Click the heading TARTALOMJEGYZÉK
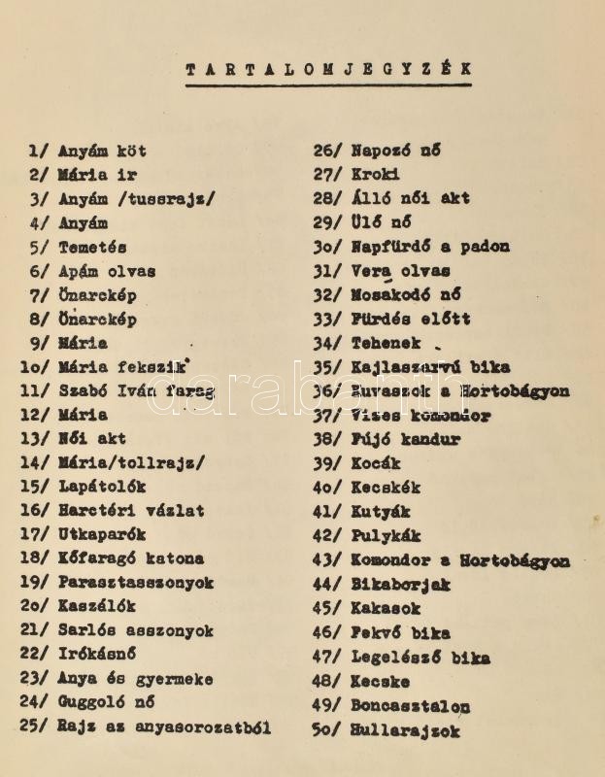pyautogui.click(x=328, y=70)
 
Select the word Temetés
pyautogui.click(x=92, y=248)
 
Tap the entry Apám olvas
pyautogui.click(x=107, y=272)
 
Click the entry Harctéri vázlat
pyautogui.click(x=131, y=511)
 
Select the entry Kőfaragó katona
pyautogui.click(x=131, y=559)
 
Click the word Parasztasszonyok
pyautogui.click(x=136, y=584)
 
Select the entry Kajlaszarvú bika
pyautogui.click(x=430, y=368)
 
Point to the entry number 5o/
pyautogui.click(x=326, y=730)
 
